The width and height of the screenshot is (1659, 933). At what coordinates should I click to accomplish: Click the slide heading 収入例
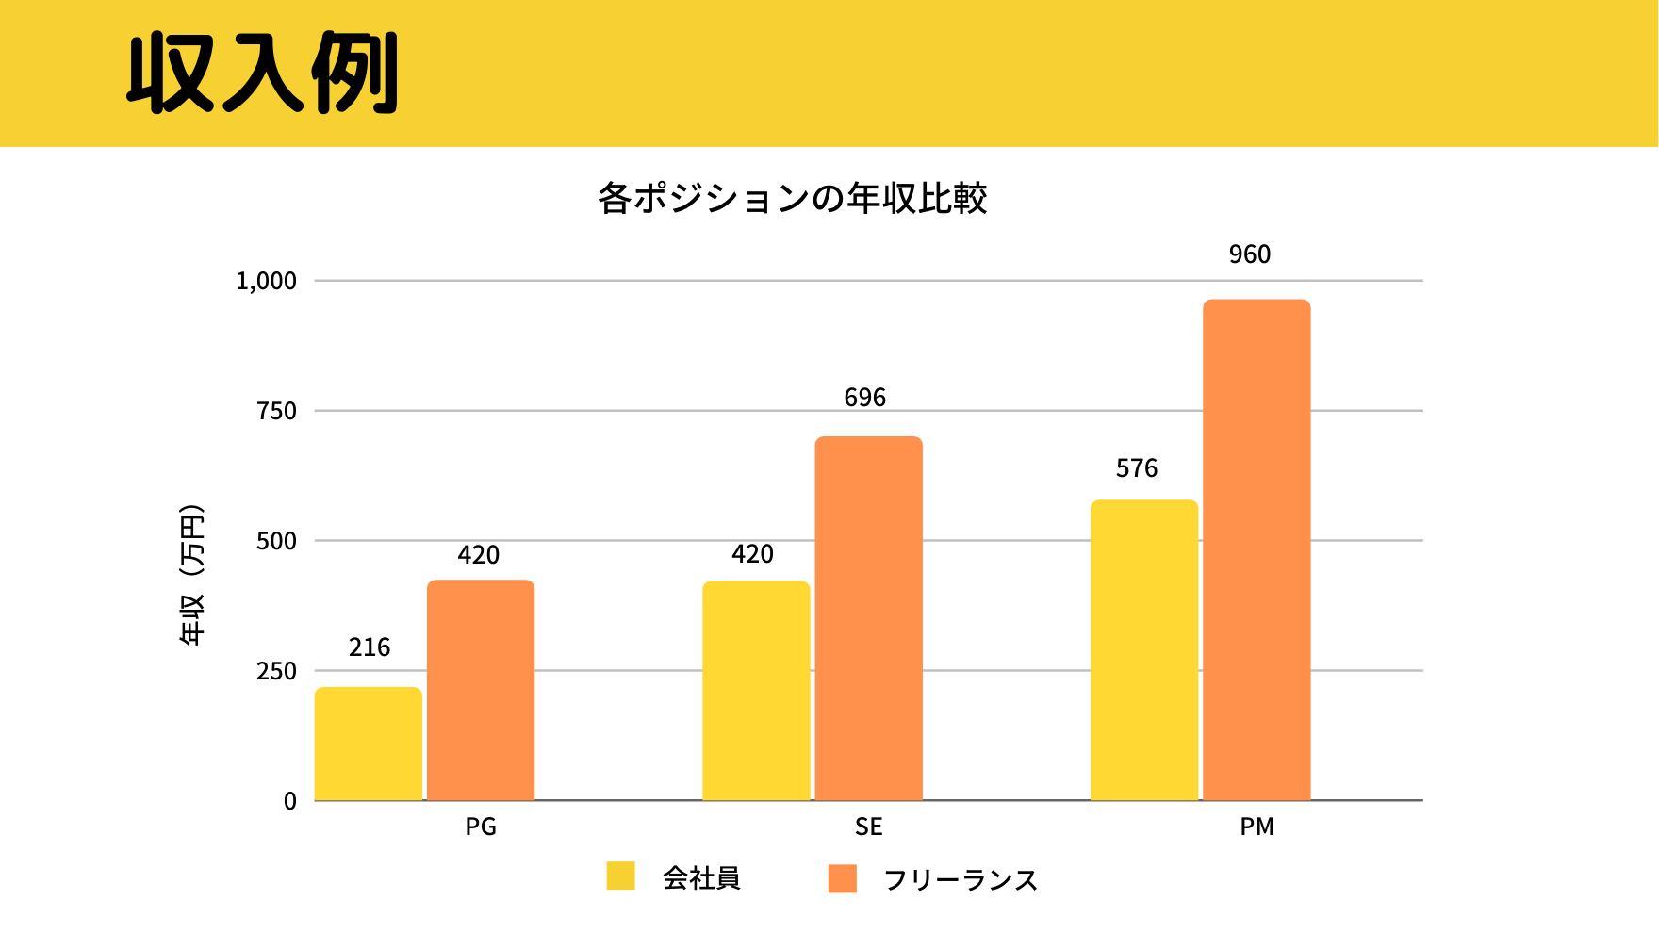(263, 74)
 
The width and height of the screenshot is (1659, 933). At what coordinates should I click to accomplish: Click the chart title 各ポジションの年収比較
(792, 199)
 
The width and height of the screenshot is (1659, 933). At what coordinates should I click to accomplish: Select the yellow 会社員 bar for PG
(368, 744)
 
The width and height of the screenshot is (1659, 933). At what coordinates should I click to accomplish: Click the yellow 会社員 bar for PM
(1144, 650)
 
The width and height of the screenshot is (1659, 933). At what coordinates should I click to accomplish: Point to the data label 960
(1250, 254)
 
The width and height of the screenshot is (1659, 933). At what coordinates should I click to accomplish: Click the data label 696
(864, 398)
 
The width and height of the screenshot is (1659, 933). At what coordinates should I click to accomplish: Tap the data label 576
(1137, 468)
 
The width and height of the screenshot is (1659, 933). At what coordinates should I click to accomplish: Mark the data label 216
(370, 647)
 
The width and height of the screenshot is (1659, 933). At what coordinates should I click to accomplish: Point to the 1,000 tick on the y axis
(266, 281)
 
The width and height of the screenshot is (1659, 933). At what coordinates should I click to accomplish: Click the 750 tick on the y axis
(276, 411)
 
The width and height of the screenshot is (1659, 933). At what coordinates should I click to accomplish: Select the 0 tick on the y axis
(290, 801)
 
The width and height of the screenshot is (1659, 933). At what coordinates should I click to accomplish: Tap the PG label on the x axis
(481, 827)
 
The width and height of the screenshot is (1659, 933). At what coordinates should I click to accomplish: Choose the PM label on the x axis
(1257, 827)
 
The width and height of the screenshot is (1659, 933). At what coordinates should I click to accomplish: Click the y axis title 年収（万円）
(191, 575)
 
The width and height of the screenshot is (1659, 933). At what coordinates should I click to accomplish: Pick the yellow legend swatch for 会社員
(620, 876)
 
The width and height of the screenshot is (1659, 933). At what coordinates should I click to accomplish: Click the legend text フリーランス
(961, 880)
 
